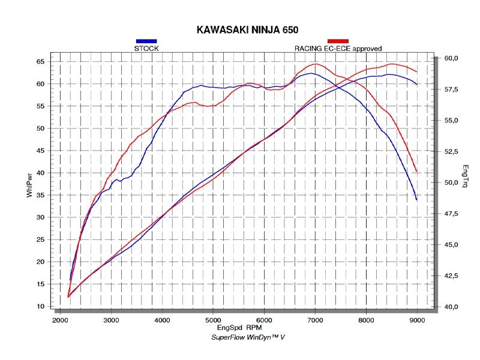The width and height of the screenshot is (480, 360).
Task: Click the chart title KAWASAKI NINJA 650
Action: (248, 29)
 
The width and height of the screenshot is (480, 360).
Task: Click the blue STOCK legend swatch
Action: (146, 41)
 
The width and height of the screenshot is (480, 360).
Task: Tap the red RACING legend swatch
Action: (338, 41)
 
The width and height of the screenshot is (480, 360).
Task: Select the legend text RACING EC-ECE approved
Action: (338, 49)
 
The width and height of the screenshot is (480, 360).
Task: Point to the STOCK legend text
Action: (146, 49)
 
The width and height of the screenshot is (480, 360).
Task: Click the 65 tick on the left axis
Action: (40, 62)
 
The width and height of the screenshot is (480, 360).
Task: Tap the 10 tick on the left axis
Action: (40, 307)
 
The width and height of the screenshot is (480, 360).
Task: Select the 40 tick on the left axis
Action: (40, 173)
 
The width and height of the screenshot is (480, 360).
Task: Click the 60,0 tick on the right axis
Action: (451, 58)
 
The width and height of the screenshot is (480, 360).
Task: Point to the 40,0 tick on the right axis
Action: (451, 307)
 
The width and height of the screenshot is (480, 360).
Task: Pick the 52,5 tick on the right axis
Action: (451, 151)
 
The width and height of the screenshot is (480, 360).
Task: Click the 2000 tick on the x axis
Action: (60, 321)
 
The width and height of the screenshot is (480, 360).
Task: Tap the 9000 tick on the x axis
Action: (417, 321)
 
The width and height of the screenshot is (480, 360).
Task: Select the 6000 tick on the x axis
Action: (264, 321)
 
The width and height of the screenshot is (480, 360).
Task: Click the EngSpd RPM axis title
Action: (240, 329)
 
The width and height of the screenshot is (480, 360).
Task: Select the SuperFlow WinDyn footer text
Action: (248, 338)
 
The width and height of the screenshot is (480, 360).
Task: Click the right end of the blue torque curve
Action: (416, 199)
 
